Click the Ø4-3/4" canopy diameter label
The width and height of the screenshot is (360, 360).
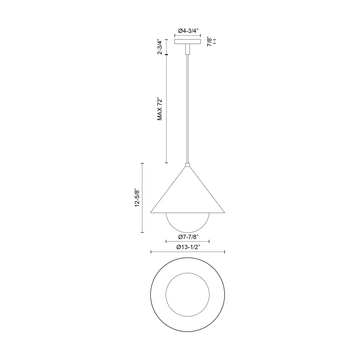188,30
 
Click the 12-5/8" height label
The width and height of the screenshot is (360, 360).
137,198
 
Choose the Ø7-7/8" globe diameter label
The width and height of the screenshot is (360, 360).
188,237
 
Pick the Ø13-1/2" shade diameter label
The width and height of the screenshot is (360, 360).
188,247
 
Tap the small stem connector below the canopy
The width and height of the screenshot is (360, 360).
188,50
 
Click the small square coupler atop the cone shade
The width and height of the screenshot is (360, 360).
188,164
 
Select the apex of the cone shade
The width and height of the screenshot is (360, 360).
188,168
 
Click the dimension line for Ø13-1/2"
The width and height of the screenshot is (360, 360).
188,252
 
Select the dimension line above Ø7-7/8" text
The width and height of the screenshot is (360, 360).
188,242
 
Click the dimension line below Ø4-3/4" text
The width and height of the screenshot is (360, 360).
188,35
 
